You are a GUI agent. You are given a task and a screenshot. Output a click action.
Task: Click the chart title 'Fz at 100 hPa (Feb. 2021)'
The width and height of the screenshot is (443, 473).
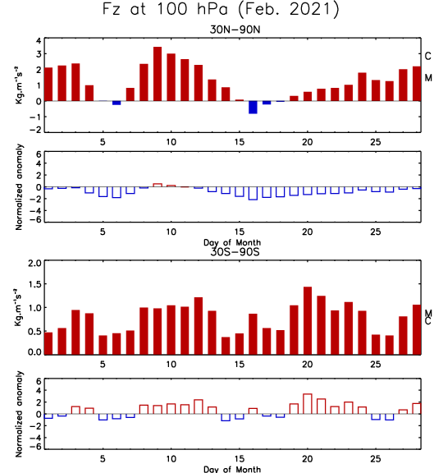tap(221, 10)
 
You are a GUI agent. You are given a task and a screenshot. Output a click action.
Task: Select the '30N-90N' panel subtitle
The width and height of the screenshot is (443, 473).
tap(235, 30)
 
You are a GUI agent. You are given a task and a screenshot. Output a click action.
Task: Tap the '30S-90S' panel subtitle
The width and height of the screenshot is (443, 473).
tap(235, 251)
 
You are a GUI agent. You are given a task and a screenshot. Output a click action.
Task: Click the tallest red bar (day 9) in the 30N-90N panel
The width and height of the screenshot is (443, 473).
tap(158, 74)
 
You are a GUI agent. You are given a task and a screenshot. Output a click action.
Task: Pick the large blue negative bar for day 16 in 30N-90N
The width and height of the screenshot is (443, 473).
tap(253, 108)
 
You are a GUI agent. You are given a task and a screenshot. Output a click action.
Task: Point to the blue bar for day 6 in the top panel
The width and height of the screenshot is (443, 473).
tap(116, 103)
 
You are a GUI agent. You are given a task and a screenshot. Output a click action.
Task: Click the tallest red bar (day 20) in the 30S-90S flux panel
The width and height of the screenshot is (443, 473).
tap(308, 320)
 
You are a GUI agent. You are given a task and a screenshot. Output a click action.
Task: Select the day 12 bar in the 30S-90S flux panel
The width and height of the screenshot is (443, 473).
tap(199, 326)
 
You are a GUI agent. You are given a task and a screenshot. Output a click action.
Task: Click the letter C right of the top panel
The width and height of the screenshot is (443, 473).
tap(428, 56)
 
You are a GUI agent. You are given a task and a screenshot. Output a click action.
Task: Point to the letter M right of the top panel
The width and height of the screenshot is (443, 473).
tap(428, 78)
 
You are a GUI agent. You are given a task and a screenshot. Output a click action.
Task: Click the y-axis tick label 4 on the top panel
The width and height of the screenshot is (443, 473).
tap(39, 40)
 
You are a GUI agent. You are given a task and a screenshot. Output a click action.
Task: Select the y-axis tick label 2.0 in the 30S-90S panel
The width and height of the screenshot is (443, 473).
tap(34, 264)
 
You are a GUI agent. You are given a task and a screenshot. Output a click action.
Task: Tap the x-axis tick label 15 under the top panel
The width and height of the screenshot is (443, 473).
tap(240, 142)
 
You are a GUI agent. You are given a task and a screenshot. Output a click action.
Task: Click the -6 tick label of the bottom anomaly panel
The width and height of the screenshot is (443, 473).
tap(35, 447)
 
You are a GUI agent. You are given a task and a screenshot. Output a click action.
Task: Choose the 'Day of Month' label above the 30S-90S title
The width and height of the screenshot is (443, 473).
tap(232, 242)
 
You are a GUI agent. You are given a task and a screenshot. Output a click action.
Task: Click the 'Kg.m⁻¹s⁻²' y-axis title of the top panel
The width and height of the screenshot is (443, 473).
tap(19, 85)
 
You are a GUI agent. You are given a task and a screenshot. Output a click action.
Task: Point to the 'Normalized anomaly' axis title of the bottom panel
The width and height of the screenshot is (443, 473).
tap(19, 414)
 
